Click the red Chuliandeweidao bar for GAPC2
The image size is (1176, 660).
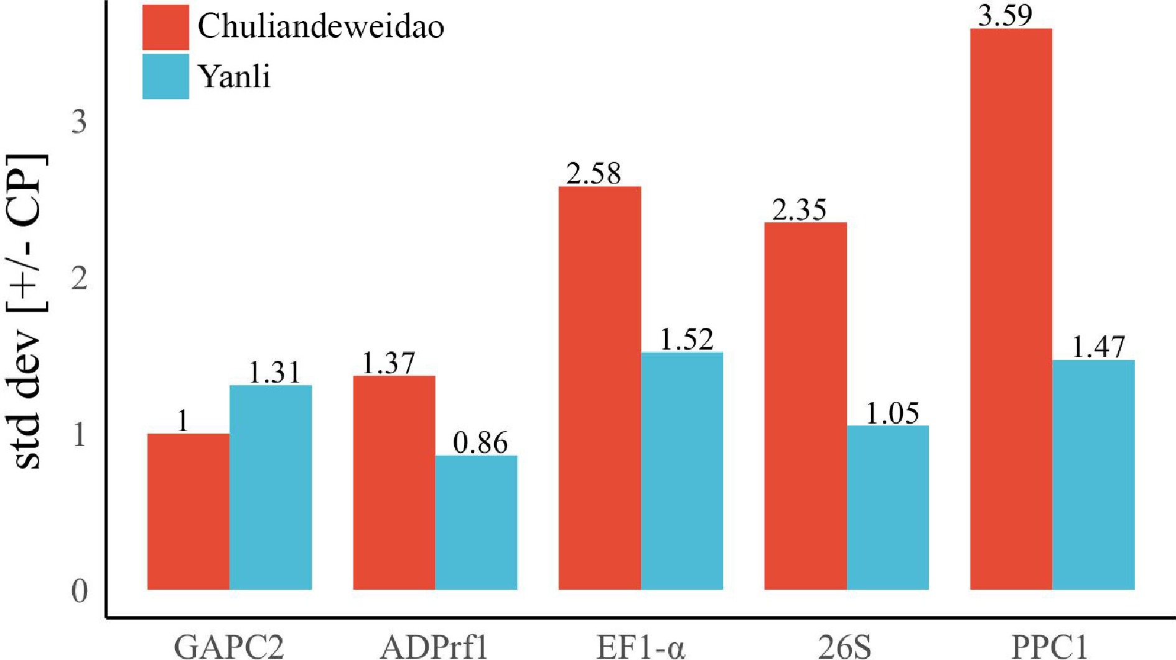click(188, 511)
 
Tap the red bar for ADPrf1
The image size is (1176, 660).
click(394, 482)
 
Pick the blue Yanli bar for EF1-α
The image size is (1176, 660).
click(682, 471)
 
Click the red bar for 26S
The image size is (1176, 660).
click(805, 406)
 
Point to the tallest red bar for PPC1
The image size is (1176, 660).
click(1011, 309)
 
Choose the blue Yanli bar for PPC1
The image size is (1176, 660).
click(1093, 475)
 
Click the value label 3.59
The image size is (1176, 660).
click(1005, 15)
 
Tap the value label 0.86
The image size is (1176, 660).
click(480, 442)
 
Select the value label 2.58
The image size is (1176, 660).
click(594, 173)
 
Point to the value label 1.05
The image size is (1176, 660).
click(892, 413)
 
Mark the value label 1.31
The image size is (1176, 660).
click(274, 373)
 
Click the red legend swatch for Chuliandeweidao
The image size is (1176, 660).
click(166, 27)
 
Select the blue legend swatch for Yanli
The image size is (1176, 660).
click(166, 77)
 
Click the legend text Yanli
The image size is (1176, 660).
click(235, 77)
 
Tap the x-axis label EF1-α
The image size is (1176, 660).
click(640, 646)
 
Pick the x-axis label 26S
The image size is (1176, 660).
click(844, 646)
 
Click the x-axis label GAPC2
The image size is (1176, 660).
click(229, 646)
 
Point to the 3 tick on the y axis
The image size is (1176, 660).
click(79, 121)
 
